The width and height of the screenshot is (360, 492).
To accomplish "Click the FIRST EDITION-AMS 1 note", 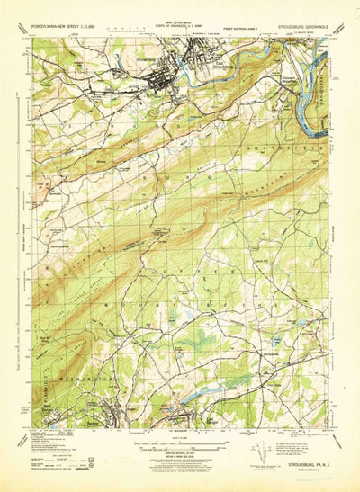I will (x=240, y=30).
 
